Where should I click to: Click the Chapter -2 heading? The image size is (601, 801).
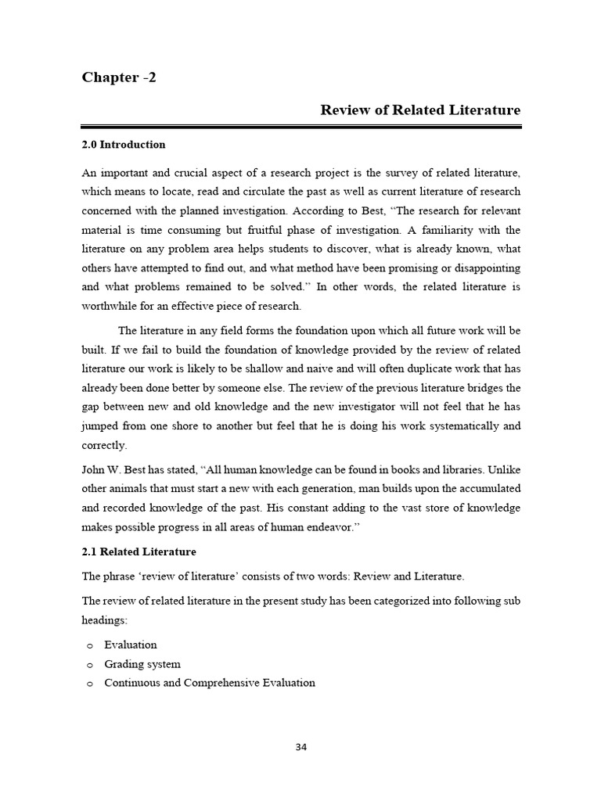(x=119, y=77)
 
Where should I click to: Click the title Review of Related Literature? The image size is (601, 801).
(x=420, y=110)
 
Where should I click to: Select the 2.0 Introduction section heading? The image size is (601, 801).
(x=124, y=145)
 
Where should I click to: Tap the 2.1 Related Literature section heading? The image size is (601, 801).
(x=139, y=551)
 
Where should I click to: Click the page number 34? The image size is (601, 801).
(x=301, y=746)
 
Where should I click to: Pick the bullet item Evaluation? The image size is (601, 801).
(x=130, y=645)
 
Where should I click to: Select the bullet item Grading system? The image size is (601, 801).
(x=142, y=664)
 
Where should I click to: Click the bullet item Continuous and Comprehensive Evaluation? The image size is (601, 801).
(x=210, y=683)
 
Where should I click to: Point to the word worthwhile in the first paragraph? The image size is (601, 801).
(x=112, y=306)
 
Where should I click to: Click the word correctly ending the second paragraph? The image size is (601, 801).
(x=103, y=445)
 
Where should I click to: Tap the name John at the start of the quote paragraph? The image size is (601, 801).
(x=94, y=470)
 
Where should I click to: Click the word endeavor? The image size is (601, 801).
(x=326, y=527)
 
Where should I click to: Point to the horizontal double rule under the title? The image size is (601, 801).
(x=301, y=126)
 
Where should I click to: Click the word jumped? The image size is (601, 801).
(x=101, y=426)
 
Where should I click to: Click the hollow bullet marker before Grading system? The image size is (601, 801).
(x=89, y=665)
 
